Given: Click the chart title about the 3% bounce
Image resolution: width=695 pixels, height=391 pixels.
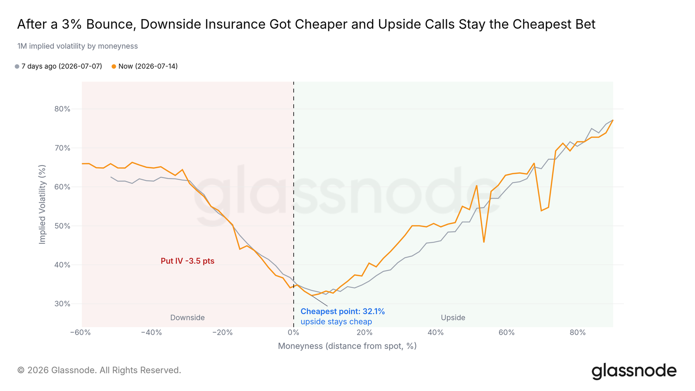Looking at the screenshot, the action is [306, 24].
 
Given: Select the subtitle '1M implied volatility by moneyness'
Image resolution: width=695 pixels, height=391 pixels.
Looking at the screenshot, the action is [78, 46].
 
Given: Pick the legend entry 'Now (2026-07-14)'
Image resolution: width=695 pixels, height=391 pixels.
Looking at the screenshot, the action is [145, 66].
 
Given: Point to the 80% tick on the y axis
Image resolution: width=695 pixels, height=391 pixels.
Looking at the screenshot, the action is [63, 109].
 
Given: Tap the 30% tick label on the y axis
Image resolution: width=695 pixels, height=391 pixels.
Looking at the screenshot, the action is [63, 304].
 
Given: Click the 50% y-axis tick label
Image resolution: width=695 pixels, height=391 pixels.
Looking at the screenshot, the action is [63, 226].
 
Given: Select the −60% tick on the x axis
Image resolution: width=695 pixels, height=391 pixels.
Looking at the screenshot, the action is [80, 333].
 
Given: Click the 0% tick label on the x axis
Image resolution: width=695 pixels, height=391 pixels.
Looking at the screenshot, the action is [294, 333].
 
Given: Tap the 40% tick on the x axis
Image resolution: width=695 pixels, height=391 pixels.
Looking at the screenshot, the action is [436, 333].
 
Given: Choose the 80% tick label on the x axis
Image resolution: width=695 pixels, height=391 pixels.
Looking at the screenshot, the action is [578, 333].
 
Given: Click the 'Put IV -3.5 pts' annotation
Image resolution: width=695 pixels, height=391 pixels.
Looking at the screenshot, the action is [187, 261].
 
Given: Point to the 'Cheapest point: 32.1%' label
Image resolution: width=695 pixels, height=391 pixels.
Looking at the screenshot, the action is [343, 311].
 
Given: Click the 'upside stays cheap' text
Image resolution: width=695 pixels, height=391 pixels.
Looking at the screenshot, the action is [336, 321].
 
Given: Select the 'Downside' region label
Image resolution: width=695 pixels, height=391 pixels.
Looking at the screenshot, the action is [187, 318].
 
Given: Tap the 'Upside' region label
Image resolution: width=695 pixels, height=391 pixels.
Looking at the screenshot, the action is [453, 318].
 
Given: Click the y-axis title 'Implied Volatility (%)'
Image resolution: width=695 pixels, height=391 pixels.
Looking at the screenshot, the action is [42, 205].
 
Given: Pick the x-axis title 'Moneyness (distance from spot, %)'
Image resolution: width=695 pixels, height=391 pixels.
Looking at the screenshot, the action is [347, 346].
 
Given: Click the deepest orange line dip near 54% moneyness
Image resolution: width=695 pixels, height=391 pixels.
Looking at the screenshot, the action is [484, 242].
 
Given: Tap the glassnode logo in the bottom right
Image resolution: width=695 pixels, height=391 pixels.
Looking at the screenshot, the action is [634, 371].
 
